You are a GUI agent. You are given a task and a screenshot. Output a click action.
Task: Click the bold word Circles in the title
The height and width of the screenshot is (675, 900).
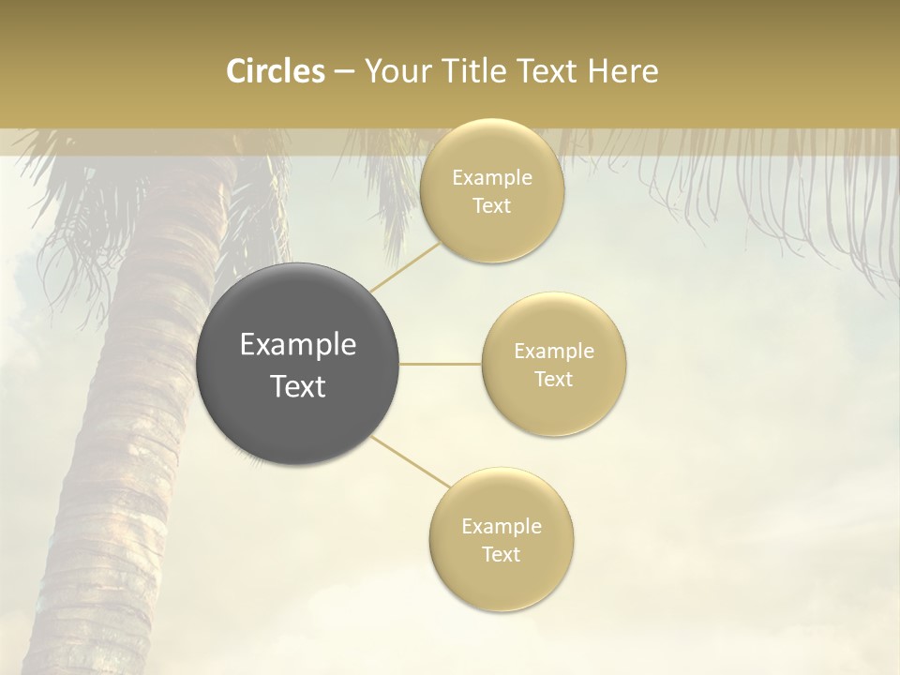pyautogui.click(x=275, y=71)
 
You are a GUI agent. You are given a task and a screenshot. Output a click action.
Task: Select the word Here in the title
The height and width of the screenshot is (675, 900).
pyautogui.click(x=623, y=71)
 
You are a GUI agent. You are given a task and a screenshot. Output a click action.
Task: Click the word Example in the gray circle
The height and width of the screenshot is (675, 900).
pyautogui.click(x=298, y=345)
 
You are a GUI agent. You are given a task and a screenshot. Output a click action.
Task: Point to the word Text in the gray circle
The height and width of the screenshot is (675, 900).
pyautogui.click(x=298, y=386)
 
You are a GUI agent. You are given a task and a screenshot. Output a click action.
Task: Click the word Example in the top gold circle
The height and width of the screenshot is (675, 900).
pyautogui.click(x=492, y=178)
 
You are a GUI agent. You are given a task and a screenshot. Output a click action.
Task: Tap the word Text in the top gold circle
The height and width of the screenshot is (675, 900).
pyautogui.click(x=492, y=206)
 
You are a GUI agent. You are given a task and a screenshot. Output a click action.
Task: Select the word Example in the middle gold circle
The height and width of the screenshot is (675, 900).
pyautogui.click(x=554, y=352)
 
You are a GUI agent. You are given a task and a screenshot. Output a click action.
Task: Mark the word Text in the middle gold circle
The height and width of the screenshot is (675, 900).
pyautogui.click(x=554, y=380)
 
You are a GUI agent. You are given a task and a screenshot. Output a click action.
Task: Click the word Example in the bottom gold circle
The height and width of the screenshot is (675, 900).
pyautogui.click(x=502, y=527)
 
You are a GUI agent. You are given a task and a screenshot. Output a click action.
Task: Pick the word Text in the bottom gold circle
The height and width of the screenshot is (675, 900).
pyautogui.click(x=502, y=555)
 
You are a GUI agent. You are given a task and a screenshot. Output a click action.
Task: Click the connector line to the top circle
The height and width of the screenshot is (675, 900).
pyautogui.click(x=405, y=266)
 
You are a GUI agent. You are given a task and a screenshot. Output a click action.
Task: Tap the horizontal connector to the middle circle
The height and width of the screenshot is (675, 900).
pyautogui.click(x=441, y=364)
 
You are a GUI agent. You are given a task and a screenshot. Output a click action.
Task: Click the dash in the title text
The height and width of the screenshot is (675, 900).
pyautogui.click(x=343, y=72)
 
